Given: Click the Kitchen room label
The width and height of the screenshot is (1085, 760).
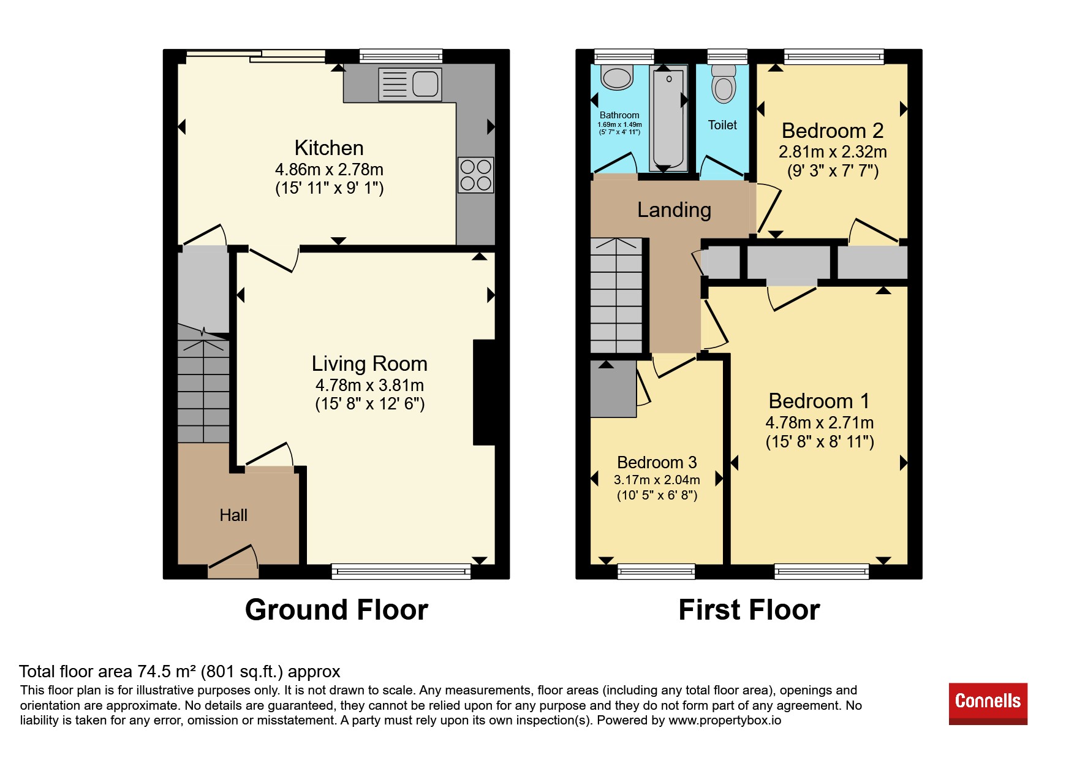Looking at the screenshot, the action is click(x=329, y=148).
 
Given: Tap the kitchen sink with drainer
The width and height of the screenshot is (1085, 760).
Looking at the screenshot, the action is click(x=410, y=84).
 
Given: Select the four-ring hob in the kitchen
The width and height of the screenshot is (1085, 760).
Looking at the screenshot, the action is click(x=475, y=175).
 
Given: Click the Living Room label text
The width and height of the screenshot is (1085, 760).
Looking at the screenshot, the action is click(x=369, y=364).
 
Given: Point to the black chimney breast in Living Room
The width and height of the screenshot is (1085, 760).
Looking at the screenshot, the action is click(x=484, y=392).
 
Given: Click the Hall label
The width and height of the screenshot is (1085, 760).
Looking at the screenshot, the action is click(x=233, y=515).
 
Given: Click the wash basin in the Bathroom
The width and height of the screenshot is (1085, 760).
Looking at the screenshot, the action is click(x=617, y=78).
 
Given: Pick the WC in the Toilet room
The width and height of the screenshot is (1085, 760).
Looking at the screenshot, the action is click(x=724, y=83).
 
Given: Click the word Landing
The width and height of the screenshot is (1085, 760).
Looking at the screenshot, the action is click(x=674, y=210).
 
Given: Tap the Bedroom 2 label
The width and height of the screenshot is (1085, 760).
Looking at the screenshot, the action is click(x=833, y=131).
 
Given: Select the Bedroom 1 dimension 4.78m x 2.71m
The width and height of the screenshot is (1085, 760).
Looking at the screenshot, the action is click(x=820, y=423).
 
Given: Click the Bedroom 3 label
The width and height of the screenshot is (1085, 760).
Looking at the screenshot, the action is click(x=657, y=462).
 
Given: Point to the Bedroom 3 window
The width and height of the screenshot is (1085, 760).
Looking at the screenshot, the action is click(x=656, y=572).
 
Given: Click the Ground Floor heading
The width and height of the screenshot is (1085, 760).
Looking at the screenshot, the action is click(x=336, y=610).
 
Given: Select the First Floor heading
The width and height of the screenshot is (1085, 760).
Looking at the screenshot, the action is click(x=749, y=610).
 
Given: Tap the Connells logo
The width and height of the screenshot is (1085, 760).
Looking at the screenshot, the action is click(x=988, y=704).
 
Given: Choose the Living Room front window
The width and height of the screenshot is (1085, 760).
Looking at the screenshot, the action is click(x=401, y=572).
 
